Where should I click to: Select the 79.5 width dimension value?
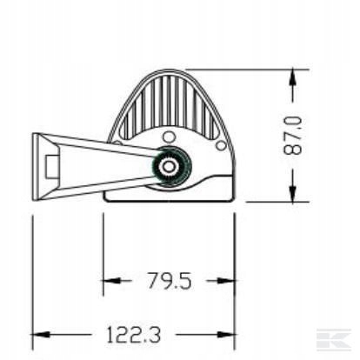click(x=168, y=280)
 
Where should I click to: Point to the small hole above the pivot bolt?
click(x=168, y=134)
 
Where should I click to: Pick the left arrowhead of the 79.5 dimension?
click(x=110, y=280)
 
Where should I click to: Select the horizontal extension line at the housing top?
click(x=243, y=69)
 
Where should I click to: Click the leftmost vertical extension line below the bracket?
click(x=32, y=270)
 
